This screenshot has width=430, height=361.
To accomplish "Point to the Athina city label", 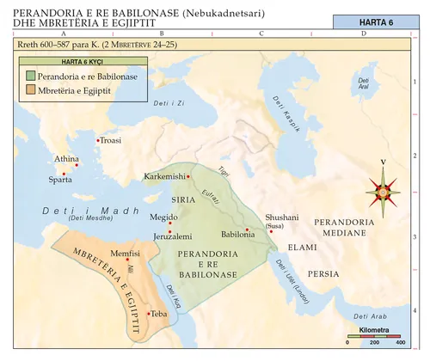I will pos(67,160).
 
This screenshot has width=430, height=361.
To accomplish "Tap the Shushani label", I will pos(282,219).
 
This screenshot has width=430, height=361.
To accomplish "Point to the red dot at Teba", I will pos(149,314).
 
